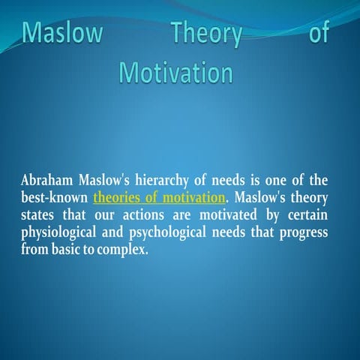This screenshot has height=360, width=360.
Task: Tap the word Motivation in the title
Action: pos(175,73)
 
